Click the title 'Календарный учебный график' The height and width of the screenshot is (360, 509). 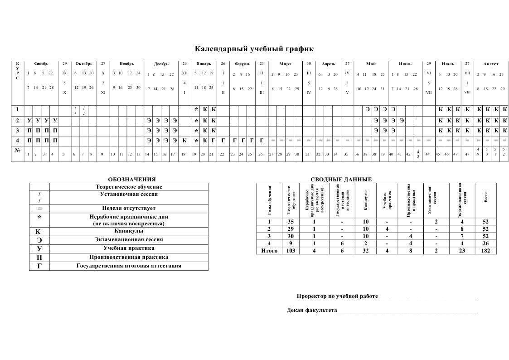click(x=254, y=49)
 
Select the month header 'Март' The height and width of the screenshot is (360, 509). click(x=285, y=64)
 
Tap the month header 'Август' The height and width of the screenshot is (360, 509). click(x=491, y=64)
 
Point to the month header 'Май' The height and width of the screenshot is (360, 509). click(x=371, y=64)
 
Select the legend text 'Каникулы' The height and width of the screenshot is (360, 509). click(x=129, y=231)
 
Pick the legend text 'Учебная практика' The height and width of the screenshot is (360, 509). click(x=129, y=248)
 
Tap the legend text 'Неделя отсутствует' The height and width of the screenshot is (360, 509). click(x=129, y=208)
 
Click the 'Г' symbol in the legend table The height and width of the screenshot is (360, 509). click(x=39, y=266)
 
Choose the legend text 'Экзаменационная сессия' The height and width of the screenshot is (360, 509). click(x=129, y=239)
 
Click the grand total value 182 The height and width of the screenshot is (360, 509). click(x=486, y=251)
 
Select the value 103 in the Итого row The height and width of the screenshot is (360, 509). click(x=291, y=251)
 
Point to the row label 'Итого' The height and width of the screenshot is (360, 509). click(x=269, y=251)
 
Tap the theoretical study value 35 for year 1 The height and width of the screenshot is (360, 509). click(x=291, y=222)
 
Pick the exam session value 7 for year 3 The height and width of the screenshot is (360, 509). click(x=462, y=236)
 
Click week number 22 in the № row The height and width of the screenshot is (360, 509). click(x=222, y=154)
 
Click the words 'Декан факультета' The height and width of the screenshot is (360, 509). click(x=312, y=311)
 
